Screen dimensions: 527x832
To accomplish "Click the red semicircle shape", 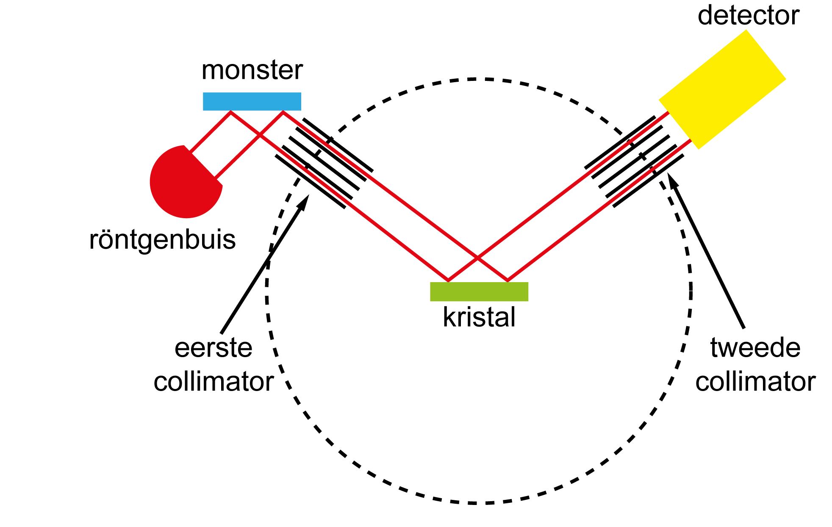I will tap(182, 186).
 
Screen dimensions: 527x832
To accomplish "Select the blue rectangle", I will tap(252, 101).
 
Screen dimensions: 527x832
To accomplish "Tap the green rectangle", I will tap(479, 292).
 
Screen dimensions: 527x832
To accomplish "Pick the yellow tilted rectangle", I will tap(722, 89).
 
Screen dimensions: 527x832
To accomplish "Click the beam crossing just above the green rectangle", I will tap(478, 258).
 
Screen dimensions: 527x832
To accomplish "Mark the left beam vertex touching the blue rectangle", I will tap(231, 112).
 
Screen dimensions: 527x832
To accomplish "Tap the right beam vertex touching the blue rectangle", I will tap(283, 112).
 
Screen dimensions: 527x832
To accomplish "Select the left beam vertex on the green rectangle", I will tap(449, 280).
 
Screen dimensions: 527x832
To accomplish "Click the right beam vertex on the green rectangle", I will tap(508, 280).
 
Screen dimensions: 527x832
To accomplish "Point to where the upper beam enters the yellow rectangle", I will tap(668, 112).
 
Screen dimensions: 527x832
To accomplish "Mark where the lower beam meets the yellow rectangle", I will tap(691, 140).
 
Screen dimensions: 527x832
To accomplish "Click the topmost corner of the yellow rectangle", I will tap(746, 30).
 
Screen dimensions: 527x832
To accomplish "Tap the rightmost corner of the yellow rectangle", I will tap(786, 79).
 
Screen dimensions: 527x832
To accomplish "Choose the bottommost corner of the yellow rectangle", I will tap(699, 149).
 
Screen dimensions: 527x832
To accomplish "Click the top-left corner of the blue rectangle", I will tap(203, 93).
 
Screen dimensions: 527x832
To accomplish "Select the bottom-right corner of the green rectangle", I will tap(528, 301).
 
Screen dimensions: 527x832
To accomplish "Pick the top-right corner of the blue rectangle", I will tap(301, 93).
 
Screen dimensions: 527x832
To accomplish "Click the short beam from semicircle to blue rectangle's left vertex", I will tap(211, 132).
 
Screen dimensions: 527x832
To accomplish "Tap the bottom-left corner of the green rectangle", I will tap(430, 301).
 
